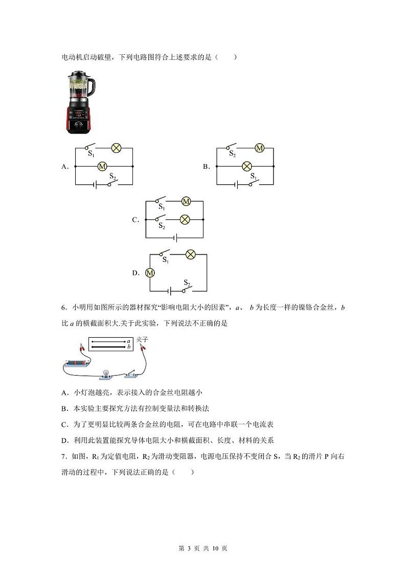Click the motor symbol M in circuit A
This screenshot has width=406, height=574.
point(102,166)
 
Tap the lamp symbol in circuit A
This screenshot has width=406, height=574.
point(116,148)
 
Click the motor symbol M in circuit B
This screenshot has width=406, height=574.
point(259,148)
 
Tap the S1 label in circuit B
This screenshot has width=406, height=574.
point(253,176)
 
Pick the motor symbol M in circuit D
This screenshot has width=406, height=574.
point(150,273)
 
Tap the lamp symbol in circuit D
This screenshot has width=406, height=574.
point(190,254)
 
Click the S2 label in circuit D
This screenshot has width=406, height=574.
point(187,283)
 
